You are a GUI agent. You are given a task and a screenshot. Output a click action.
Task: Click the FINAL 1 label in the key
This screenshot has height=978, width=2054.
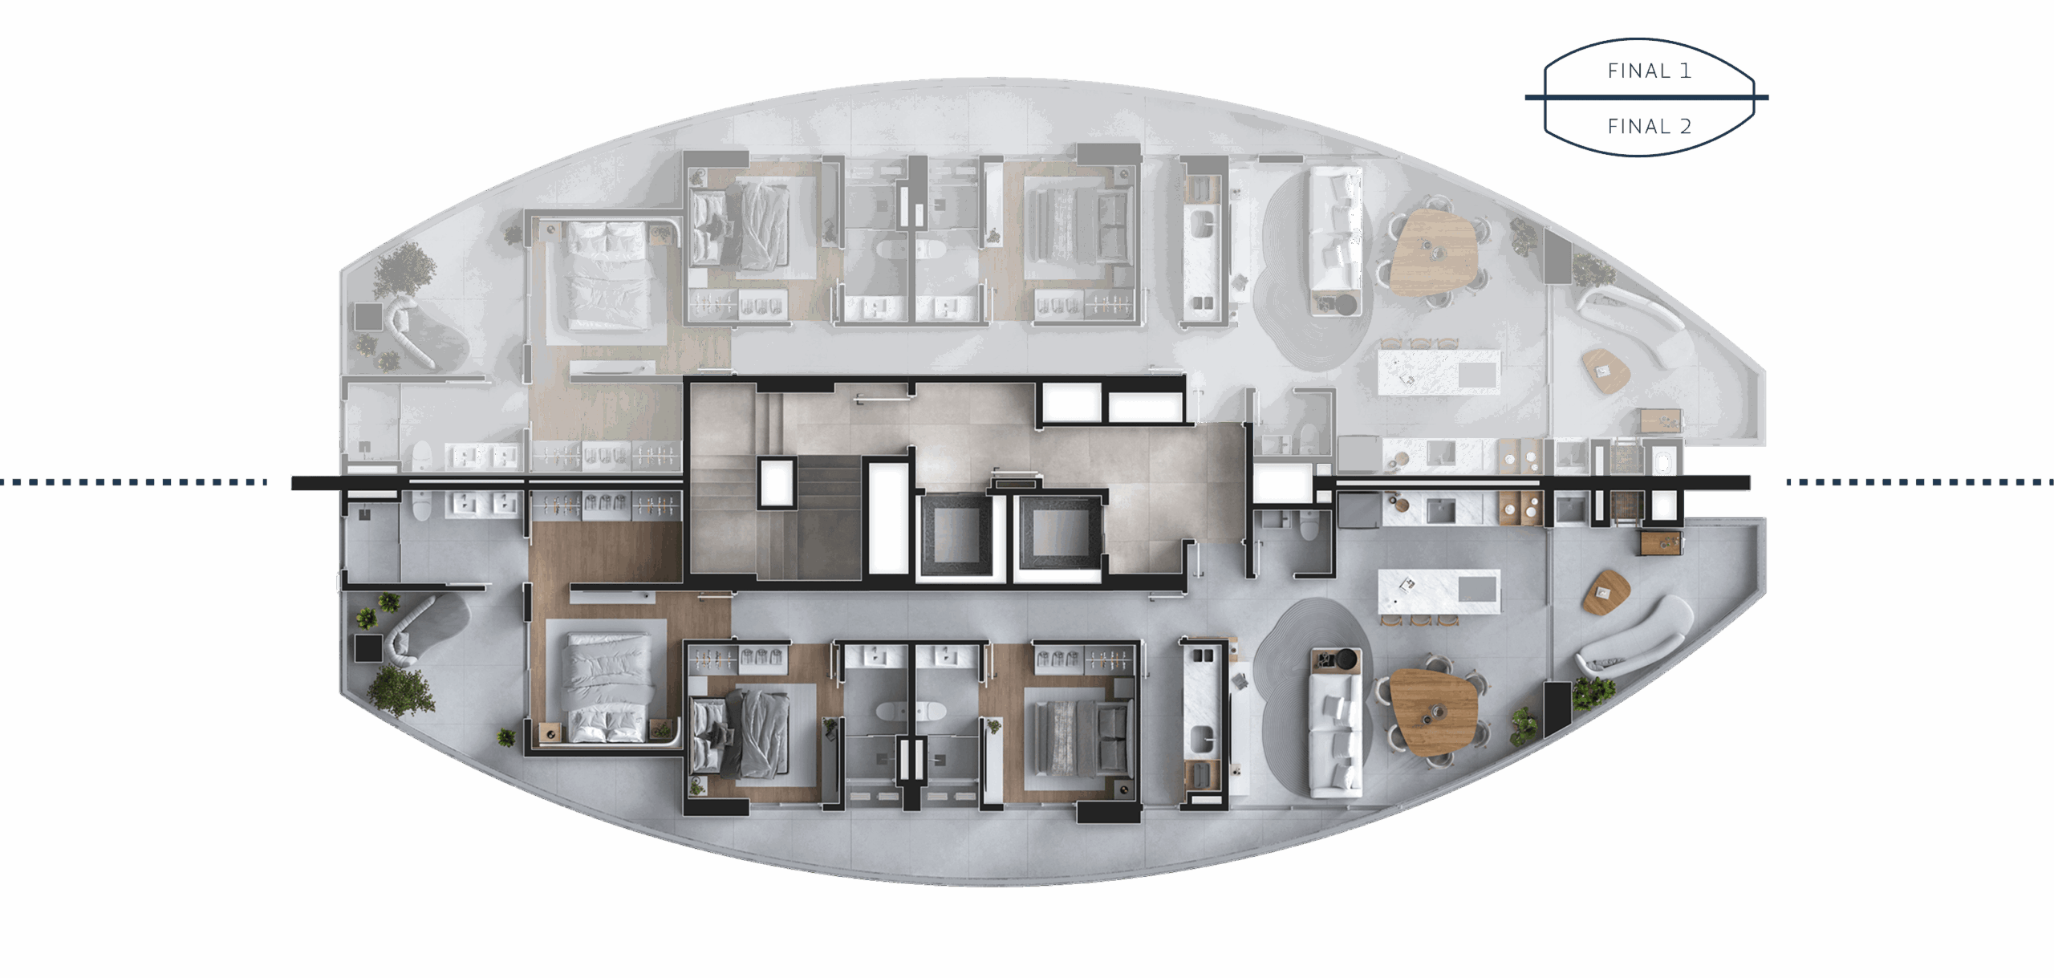point(1649,71)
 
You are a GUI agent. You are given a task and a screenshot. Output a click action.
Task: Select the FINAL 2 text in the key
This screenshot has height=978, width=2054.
point(1649,127)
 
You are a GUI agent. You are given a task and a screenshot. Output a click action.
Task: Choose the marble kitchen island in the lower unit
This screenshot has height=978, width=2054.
point(1439,591)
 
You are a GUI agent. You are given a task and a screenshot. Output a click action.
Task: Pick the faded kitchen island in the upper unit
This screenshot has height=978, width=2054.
point(1439,372)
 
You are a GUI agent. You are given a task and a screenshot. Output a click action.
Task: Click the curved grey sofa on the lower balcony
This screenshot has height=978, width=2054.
point(1633,638)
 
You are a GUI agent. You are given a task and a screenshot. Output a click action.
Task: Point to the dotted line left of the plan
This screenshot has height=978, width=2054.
point(133,482)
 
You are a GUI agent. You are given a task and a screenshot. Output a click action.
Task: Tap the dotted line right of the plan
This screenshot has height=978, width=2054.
point(1920,482)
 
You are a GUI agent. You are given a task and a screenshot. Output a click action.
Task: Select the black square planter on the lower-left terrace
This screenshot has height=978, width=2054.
point(369,648)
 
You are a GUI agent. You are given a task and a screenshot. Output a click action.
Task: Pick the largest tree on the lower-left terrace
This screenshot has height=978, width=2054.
point(400,690)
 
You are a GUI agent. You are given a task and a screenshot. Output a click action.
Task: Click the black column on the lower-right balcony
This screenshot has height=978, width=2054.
point(1557,708)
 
